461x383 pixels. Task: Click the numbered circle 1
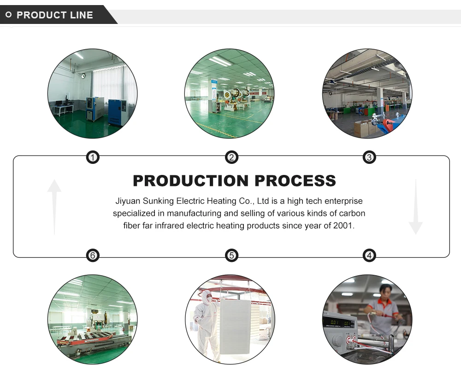tap(93, 158)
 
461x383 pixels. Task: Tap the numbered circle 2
tap(231, 158)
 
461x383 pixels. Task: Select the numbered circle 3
tap(369, 158)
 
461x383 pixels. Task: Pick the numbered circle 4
tap(369, 255)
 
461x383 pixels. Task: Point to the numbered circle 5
tap(231, 255)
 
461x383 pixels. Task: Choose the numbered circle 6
tap(93, 255)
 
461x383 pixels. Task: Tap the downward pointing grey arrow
tap(415, 207)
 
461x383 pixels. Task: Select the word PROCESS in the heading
tap(296, 180)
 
